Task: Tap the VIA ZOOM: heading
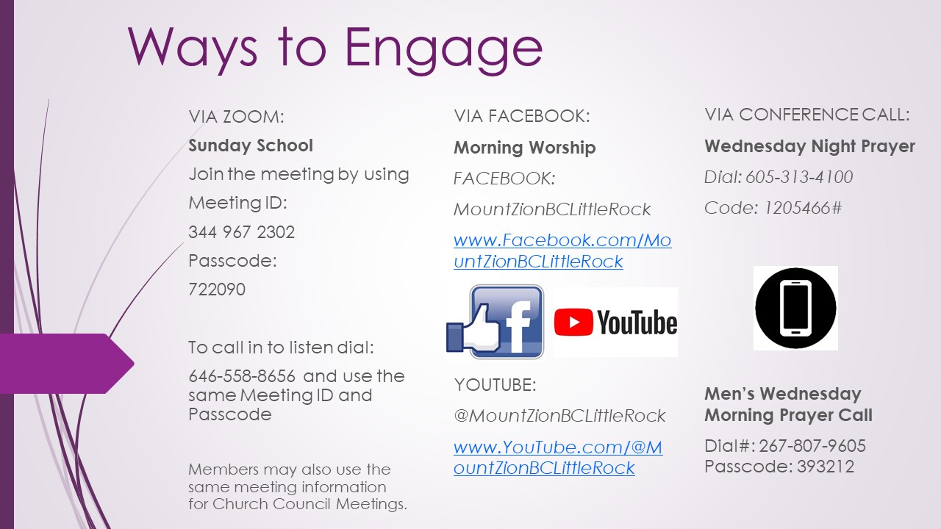click(x=237, y=117)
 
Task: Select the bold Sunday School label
click(x=251, y=145)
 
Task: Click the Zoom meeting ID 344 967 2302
click(x=242, y=232)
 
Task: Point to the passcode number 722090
click(x=217, y=289)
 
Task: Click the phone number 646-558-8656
click(x=242, y=376)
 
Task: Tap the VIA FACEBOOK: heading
click(x=522, y=116)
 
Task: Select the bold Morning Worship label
click(x=525, y=148)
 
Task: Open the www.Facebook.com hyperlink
click(x=562, y=251)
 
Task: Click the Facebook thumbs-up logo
click(x=495, y=322)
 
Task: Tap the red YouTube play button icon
click(x=573, y=322)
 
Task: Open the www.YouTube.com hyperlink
click(x=558, y=457)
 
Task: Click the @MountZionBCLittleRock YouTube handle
click(x=559, y=416)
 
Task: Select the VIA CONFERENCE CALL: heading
click(x=807, y=115)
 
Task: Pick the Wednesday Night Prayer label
click(x=810, y=146)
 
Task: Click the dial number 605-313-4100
click(x=799, y=177)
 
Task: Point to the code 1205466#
click(x=803, y=208)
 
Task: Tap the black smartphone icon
click(x=795, y=308)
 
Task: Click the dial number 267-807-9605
click(x=812, y=446)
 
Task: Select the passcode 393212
click(x=826, y=467)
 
